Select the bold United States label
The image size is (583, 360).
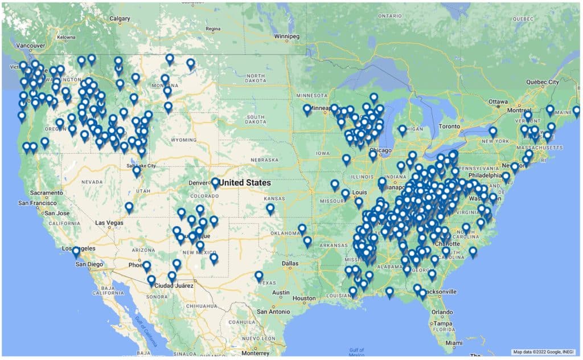pos(245,182)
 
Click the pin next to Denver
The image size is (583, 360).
pos(215,182)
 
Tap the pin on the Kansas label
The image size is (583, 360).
pos(270,208)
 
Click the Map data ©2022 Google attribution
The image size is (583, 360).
pos(543,351)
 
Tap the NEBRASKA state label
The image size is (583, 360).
pos(253,159)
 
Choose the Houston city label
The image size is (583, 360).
pos(303,298)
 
